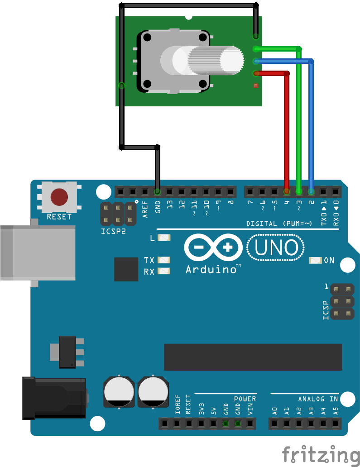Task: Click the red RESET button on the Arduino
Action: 59,197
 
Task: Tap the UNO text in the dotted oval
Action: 276,248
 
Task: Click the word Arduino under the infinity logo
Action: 211,269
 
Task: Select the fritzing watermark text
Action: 321,455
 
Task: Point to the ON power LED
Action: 315,260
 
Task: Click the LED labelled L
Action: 164,238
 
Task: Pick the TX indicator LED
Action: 164,260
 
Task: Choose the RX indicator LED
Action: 164,271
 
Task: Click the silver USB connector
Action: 38,253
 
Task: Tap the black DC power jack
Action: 54,398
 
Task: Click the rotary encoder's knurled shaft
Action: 216,60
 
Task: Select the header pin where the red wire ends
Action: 287,191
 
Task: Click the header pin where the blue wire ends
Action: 311,191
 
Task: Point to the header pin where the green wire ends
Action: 298,191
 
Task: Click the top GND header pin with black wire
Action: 157,191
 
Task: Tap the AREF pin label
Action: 145,209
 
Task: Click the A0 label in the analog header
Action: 274,411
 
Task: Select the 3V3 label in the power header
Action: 202,409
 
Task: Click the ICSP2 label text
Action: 113,231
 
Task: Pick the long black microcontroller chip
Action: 253,357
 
